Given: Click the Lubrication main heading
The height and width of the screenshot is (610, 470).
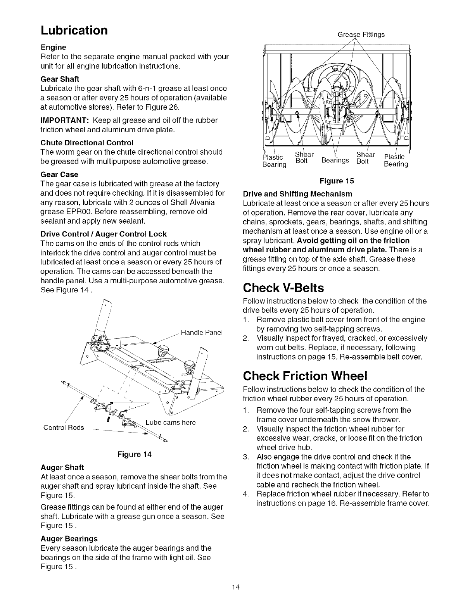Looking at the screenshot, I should (x=74, y=30).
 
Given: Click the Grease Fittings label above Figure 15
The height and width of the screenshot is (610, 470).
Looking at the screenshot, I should (x=361, y=34).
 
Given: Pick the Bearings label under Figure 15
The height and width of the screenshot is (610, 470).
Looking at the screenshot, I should (x=335, y=160).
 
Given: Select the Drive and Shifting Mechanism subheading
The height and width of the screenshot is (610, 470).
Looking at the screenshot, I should (x=297, y=194).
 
